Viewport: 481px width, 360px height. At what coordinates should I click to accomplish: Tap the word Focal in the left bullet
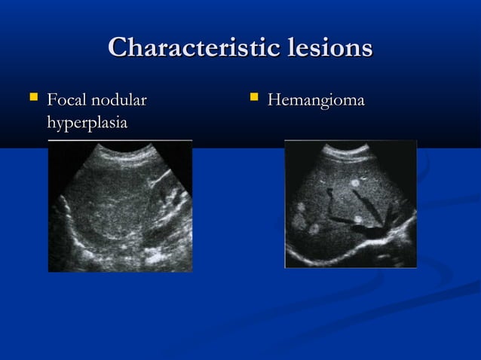66,99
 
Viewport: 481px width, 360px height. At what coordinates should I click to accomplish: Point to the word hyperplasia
86,121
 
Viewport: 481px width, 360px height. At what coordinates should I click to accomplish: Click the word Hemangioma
317,99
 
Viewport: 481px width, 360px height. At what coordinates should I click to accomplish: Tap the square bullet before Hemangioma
254,98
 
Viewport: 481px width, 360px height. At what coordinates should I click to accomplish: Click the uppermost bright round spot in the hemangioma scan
354,182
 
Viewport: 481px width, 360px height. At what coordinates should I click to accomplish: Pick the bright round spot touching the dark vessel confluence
359,220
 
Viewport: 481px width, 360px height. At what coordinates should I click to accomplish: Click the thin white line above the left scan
121,140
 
